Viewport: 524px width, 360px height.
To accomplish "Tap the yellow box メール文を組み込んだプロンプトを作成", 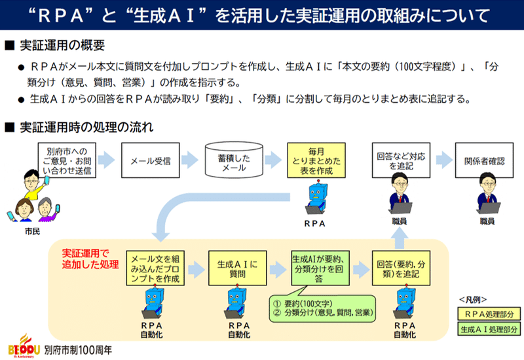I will click(155, 266).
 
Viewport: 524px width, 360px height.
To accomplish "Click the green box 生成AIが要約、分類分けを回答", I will click(318, 266).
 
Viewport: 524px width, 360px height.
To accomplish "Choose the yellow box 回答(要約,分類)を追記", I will click(400, 266).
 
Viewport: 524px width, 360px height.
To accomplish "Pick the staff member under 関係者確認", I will click(486, 196).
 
